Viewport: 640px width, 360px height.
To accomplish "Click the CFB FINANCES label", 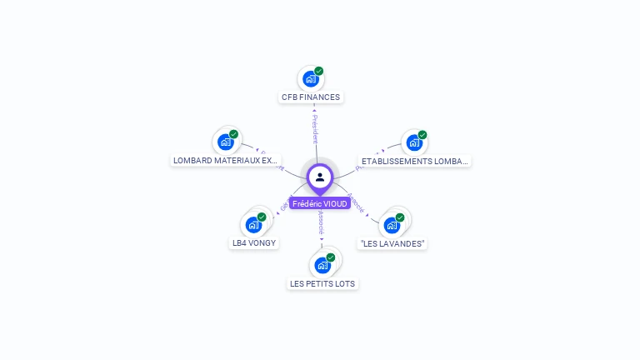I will coord(311,97).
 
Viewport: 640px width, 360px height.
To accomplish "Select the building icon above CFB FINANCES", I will coord(311,79).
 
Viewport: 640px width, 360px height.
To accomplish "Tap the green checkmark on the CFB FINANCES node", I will coord(319,71).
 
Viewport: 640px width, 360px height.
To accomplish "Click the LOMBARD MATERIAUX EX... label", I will coord(226,160).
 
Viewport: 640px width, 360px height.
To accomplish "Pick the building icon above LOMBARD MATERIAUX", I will coord(225,142).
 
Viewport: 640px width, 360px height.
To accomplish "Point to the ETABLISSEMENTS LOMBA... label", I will coord(415,161).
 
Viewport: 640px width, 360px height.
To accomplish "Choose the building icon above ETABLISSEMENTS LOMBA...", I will coord(413,142).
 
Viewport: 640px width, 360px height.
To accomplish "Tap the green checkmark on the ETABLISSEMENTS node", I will coord(422,135).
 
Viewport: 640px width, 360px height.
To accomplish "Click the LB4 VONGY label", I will coord(254,243).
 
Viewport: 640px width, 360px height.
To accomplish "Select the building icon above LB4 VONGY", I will coord(253,225).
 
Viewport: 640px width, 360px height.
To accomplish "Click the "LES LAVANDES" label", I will coord(392,243).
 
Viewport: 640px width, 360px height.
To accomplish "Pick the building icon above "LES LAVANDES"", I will coord(392,225).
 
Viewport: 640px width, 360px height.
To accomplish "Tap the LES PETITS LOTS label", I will coord(322,283).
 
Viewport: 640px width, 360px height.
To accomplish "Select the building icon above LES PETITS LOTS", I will coord(322,266).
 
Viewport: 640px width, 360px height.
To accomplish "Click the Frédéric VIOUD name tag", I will coord(320,203).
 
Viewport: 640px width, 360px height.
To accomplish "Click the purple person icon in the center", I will coord(320,177).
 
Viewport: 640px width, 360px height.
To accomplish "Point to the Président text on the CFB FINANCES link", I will coord(315,129).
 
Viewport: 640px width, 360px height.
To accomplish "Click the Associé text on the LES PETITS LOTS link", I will coord(321,221).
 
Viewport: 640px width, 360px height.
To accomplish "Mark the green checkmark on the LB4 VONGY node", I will coord(262,217).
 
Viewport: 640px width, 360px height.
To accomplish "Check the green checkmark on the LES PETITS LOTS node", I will coord(331,257).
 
